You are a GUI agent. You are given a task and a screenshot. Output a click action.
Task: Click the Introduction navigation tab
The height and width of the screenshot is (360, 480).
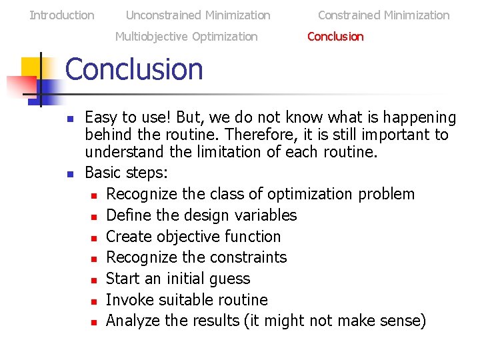pyautogui.click(x=62, y=15)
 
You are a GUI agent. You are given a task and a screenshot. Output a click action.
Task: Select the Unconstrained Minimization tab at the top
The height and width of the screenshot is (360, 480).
pyautogui.click(x=198, y=15)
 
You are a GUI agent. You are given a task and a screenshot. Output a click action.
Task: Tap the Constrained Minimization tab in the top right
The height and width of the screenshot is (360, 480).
pyautogui.click(x=383, y=15)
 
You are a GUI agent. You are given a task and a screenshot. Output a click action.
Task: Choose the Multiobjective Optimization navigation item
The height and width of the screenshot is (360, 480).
pyautogui.click(x=186, y=37)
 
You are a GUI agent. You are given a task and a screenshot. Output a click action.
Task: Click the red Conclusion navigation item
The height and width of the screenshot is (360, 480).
pyautogui.click(x=335, y=37)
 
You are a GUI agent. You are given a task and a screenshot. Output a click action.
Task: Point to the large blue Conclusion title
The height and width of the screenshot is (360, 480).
pyautogui.click(x=134, y=69)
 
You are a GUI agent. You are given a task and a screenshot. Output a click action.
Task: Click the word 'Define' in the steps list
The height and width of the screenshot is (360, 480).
pyautogui.click(x=127, y=215)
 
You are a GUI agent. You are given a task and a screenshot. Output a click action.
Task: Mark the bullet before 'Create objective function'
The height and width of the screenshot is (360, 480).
pyautogui.click(x=95, y=237)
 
